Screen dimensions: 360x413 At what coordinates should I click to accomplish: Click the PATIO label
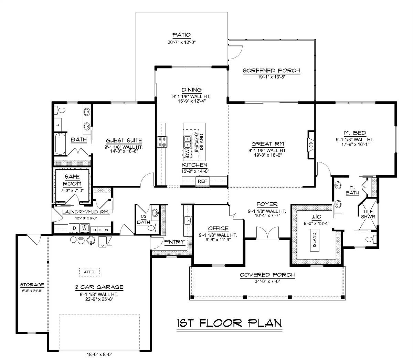pyautogui.click(x=181, y=35)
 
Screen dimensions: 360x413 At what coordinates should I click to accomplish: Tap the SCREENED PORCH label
pyautogui.click(x=272, y=71)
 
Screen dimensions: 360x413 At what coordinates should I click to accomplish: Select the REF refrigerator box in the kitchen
pyautogui.click(x=202, y=181)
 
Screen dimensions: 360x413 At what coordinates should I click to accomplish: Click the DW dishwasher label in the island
pyautogui.click(x=188, y=152)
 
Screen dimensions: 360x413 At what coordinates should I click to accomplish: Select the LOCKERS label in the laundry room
pyautogui.click(x=101, y=230)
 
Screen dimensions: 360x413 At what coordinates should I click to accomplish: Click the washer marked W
pyautogui.click(x=84, y=228)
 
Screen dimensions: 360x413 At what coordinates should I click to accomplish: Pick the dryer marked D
pyautogui.click(x=74, y=228)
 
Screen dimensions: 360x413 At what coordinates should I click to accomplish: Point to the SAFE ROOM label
pyautogui.click(x=72, y=180)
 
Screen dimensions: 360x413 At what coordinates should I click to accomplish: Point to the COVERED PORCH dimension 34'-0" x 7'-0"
pyautogui.click(x=267, y=281)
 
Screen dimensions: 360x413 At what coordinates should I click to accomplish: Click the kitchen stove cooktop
pyautogui.click(x=162, y=141)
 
